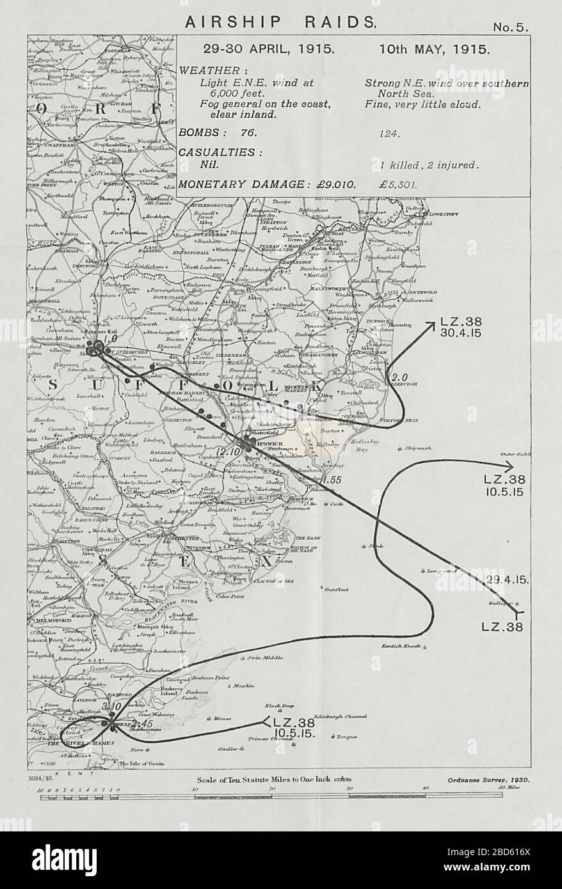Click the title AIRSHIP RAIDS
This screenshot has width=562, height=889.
pyautogui.click(x=280, y=21)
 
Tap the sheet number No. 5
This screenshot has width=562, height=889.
pyautogui.click(x=510, y=27)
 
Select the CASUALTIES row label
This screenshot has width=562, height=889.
pyautogui.click(x=221, y=152)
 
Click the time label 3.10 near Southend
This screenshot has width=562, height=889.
pyautogui.click(x=111, y=705)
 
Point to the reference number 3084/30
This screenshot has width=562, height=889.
pyautogui.click(x=40, y=780)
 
